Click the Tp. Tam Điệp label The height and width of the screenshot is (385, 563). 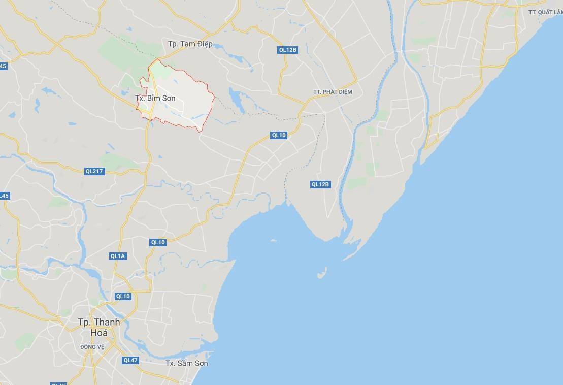[x=190, y=44]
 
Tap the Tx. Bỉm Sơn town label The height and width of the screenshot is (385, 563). [x=155, y=98]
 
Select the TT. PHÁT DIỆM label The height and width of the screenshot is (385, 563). [x=333, y=92]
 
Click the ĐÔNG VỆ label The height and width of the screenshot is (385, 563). [x=92, y=347]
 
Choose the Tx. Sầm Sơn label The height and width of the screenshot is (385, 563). [x=186, y=363]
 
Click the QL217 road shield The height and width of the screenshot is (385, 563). [x=94, y=171]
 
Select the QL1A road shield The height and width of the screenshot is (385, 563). [x=117, y=256]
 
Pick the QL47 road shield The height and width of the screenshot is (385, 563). [x=130, y=360]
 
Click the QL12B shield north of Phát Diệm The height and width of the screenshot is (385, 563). [x=287, y=50]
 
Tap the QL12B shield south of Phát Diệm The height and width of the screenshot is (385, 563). [x=320, y=184]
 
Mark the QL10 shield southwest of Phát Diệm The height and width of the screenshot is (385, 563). [x=279, y=135]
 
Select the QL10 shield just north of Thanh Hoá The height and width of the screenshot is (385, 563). [x=123, y=296]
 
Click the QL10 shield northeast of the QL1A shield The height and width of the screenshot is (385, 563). [x=158, y=242]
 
